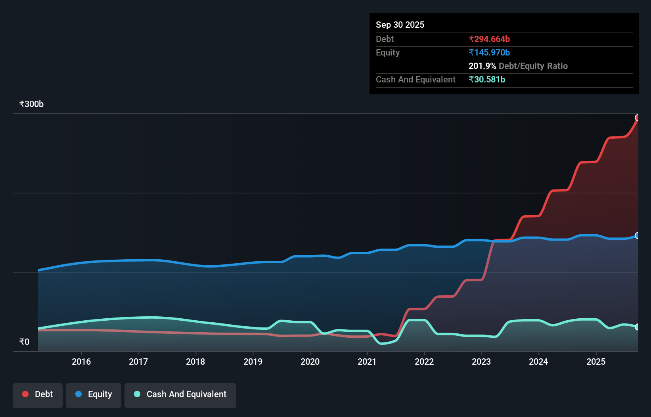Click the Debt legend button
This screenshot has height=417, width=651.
click(x=38, y=394)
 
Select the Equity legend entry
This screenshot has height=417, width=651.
click(x=94, y=394)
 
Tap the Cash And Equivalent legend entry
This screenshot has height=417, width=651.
click(x=180, y=394)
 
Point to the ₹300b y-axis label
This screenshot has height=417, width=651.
click(x=31, y=104)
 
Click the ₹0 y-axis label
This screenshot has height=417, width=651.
click(x=24, y=342)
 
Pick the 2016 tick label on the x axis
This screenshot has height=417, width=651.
click(x=81, y=362)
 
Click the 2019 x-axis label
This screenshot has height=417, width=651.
click(x=253, y=362)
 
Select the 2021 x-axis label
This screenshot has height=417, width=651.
click(x=367, y=362)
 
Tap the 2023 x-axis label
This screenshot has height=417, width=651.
click(x=481, y=362)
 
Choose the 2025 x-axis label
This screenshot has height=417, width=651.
click(x=596, y=362)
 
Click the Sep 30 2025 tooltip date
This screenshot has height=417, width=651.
click(x=400, y=25)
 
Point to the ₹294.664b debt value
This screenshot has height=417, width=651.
click(x=489, y=39)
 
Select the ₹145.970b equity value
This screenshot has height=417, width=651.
click(x=489, y=52)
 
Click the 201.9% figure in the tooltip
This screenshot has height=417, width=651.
click(x=482, y=66)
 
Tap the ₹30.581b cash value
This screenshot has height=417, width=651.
click(x=487, y=79)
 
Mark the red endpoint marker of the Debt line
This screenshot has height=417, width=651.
click(x=638, y=118)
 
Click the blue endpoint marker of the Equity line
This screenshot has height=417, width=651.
click(x=638, y=235)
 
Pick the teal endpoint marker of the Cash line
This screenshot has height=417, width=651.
click(x=638, y=327)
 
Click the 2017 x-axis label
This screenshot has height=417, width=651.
click(x=138, y=362)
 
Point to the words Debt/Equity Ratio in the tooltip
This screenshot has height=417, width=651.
click(x=533, y=66)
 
